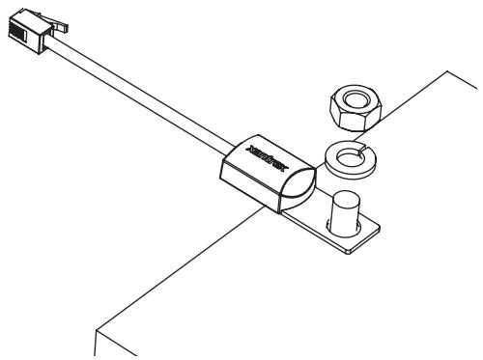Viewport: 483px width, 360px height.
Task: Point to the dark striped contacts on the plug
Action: pos(14,28)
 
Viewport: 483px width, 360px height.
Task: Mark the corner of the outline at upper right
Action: pos(450,70)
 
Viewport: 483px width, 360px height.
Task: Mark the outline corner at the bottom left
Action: pos(94,329)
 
